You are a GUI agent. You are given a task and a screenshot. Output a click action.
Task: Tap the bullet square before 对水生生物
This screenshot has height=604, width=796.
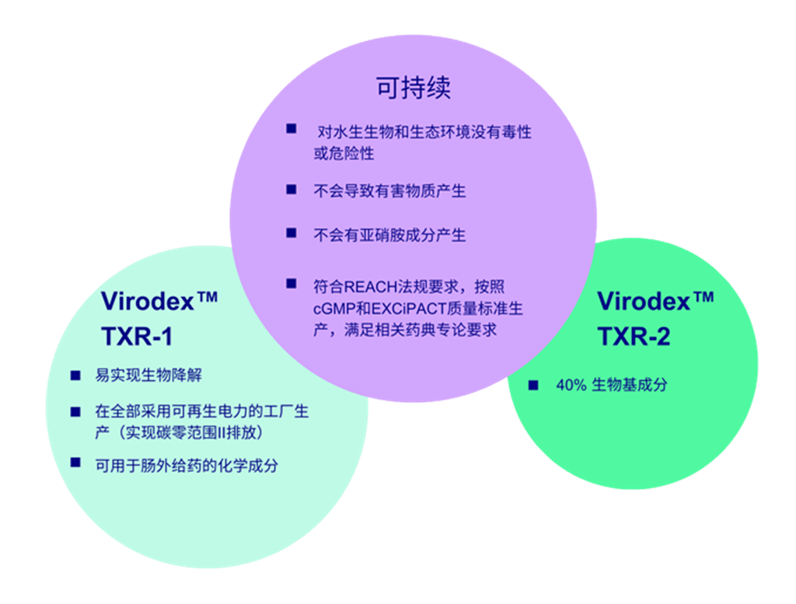[291, 128]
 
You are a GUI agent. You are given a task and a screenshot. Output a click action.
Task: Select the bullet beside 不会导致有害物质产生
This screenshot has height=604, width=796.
[291, 189]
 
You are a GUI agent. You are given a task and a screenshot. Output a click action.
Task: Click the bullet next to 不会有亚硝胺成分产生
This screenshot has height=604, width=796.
[291, 232]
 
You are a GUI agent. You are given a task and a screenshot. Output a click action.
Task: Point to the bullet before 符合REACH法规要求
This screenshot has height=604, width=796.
[291, 284]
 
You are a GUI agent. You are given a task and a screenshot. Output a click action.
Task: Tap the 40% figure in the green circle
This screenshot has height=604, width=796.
[571, 385]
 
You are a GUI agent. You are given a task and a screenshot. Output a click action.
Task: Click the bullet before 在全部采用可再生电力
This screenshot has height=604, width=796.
[75, 410]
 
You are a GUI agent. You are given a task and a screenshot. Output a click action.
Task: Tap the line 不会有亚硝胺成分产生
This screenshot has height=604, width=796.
[389, 234]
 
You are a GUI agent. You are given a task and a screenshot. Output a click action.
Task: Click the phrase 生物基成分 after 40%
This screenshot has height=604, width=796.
[629, 385]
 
